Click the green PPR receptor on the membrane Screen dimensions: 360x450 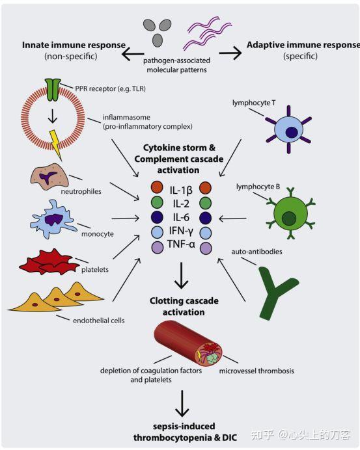pyautogui.click(x=53, y=90)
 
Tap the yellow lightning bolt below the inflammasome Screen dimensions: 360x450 pyautogui.click(x=55, y=144)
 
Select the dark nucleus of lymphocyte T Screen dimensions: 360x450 pyautogui.click(x=292, y=132)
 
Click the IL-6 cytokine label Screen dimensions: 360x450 pyautogui.click(x=181, y=217)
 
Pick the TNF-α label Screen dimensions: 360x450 pyautogui.click(x=181, y=245)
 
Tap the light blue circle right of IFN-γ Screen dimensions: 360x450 pyautogui.click(x=206, y=233)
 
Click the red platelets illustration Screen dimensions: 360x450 pyautogui.click(x=49, y=262)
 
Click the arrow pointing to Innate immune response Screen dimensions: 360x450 pyautogui.click(x=133, y=53)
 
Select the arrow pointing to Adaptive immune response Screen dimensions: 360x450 pyautogui.click(x=230, y=53)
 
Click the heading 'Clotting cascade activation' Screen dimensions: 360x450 pyautogui.click(x=184, y=306)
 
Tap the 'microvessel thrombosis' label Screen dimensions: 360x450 pyautogui.click(x=256, y=371)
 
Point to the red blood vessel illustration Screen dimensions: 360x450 pyautogui.click(x=188, y=343)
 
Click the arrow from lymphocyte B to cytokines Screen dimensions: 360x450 pyautogui.click(x=232, y=218)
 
